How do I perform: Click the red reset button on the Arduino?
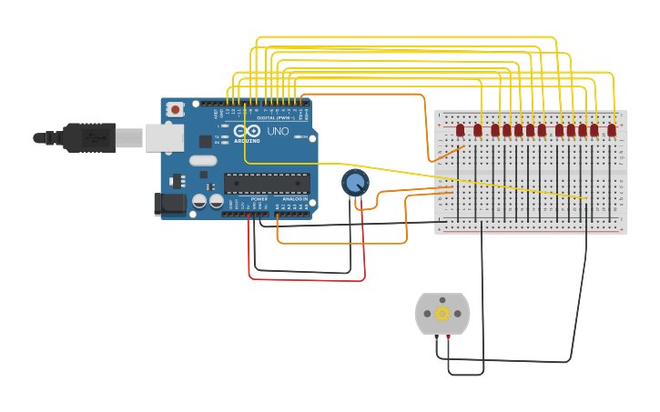coord(176,109)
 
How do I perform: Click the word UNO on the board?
coord(277,132)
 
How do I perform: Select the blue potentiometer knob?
coord(355,183)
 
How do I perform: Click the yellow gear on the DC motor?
coord(442,314)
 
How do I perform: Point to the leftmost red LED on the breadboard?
coord(460,130)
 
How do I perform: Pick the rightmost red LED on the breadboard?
coord(612,130)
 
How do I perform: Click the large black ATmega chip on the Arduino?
coord(267,183)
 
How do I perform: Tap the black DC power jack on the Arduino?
coord(170,205)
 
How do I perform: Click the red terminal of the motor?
coord(448,337)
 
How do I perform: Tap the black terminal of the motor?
coord(437,337)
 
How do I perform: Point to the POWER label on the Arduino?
coord(259,198)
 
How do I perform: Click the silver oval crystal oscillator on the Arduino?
coord(203,161)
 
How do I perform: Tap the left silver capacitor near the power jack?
coord(198,201)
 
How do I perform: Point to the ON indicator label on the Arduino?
coord(216,150)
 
